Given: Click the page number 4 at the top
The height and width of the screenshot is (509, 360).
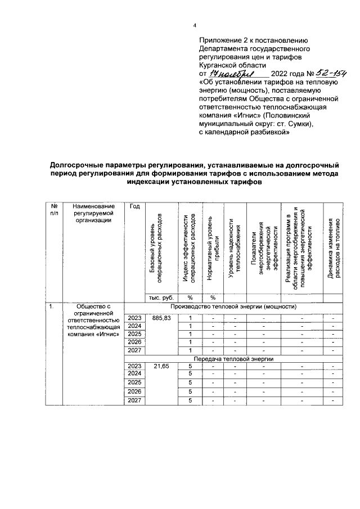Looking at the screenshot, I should (195, 25).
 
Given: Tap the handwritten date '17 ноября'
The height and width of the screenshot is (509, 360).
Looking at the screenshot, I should (231, 74).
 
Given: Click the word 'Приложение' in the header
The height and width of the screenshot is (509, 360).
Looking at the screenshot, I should (223, 41).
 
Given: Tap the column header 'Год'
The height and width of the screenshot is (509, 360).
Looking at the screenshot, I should (134, 206).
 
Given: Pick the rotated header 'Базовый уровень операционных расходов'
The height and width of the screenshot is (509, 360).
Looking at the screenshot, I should (156, 245).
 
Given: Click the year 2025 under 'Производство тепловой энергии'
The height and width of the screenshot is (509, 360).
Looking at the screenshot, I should (134, 334).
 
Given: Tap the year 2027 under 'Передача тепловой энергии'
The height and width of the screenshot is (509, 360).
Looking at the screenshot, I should (134, 400).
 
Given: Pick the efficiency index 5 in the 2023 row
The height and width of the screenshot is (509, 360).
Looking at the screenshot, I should (190, 366).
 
